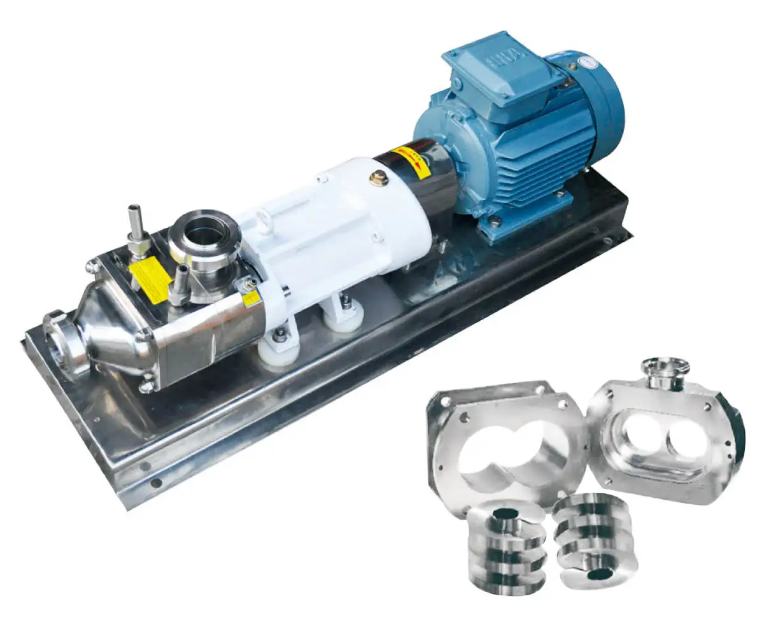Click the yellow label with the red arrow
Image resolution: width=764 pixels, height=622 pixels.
(408, 159)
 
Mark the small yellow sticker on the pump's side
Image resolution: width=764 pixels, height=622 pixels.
(252, 298)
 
